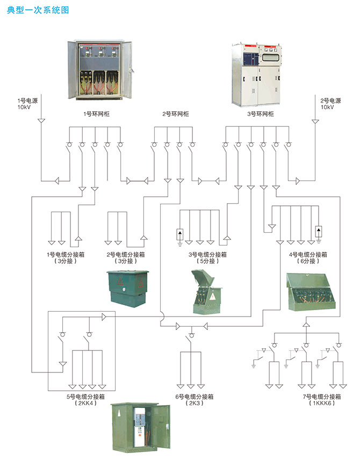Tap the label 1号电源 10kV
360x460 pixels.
25,104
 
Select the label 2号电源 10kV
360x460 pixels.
327,104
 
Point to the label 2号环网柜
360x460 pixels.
176,114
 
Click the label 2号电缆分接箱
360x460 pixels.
125,255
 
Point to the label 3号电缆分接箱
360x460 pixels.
207,255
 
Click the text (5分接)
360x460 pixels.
207,262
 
